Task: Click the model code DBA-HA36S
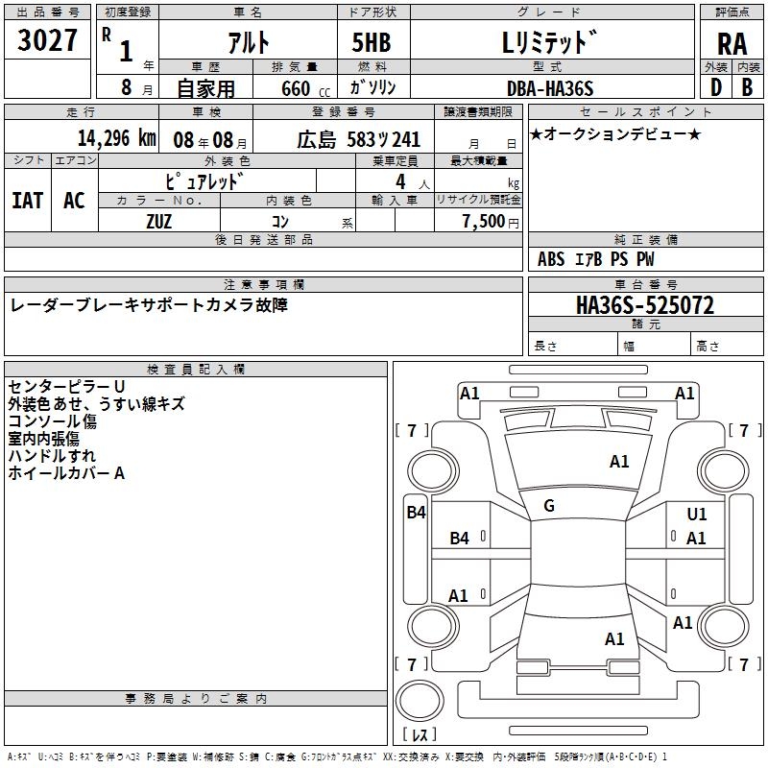click(x=550, y=88)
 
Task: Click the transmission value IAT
click(x=27, y=200)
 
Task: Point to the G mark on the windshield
click(x=549, y=506)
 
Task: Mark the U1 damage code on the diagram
click(x=697, y=515)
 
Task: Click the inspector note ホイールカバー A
click(x=67, y=472)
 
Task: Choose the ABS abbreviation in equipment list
click(x=551, y=259)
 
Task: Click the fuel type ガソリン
click(x=372, y=88)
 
